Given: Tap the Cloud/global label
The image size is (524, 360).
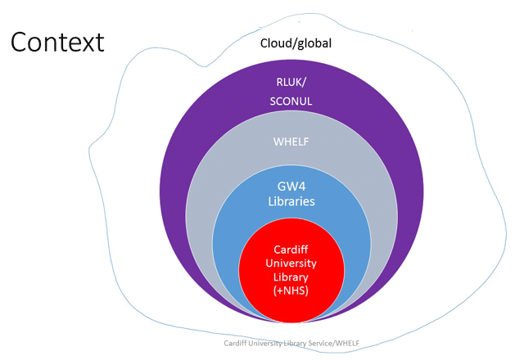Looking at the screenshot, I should coord(296,43).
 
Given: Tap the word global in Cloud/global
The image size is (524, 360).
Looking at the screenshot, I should coord(314,43).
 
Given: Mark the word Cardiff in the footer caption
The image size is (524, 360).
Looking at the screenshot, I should coord(237,344).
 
